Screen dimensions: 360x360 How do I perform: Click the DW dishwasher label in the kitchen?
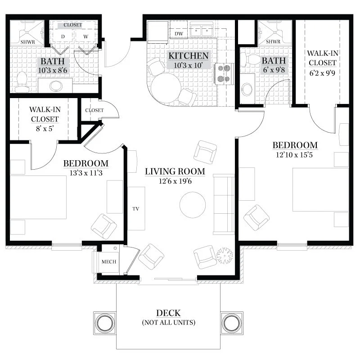pyautogui.click(x=179, y=33)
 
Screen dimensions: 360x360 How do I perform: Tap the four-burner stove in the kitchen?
pyautogui.click(x=224, y=74)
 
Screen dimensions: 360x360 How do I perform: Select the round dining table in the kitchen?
pyautogui.click(x=166, y=88)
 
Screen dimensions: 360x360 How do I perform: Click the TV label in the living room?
pyautogui.click(x=136, y=209)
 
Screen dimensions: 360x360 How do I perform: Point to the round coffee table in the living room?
pyautogui.click(x=193, y=205)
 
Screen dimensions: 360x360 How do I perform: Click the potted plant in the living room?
pyautogui.click(x=225, y=256)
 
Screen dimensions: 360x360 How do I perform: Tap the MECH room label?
pyautogui.click(x=109, y=262)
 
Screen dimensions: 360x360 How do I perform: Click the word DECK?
pyautogui.click(x=168, y=313)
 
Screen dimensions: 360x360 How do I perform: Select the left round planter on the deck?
pyautogui.click(x=105, y=323)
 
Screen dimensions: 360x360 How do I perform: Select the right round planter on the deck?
pyautogui.click(x=232, y=323)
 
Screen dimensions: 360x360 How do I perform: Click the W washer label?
pyautogui.click(x=85, y=36)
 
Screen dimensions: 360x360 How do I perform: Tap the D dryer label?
pyautogui.click(x=63, y=36)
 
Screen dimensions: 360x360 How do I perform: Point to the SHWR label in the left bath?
pyautogui.click(x=27, y=42)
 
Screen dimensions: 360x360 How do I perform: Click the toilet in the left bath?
pyautogui.click(x=22, y=82)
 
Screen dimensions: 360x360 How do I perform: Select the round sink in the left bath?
pyautogui.click(x=56, y=86)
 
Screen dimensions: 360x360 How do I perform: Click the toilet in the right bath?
pyautogui.click(x=250, y=59)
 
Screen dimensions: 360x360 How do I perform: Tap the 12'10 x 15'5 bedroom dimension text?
pyautogui.click(x=294, y=155)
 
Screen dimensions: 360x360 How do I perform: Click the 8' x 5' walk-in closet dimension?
pyautogui.click(x=45, y=129)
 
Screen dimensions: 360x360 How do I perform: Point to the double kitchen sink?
pyautogui.click(x=201, y=30)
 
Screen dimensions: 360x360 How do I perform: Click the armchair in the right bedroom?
pyautogui.click(x=256, y=217)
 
